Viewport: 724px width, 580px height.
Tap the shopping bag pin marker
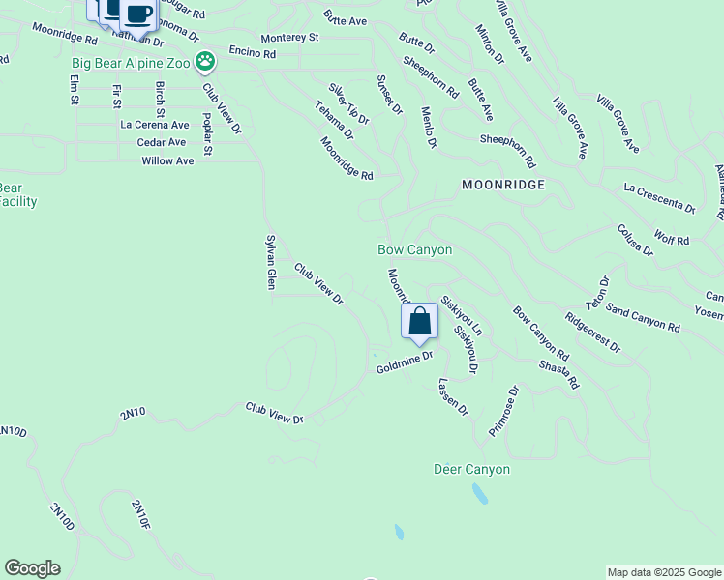pos(419,322)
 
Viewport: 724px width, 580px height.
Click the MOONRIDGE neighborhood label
pos(503,184)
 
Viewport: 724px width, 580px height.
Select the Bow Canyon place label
pos(414,249)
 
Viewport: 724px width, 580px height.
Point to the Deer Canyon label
pos(470,470)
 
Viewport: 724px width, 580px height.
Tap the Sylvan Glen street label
pos(272,261)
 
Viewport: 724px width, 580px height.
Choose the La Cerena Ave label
pos(155,125)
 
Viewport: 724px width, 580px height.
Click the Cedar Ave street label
pos(162,142)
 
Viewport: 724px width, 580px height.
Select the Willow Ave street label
pos(167,160)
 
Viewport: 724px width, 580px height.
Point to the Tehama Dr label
pos(334,121)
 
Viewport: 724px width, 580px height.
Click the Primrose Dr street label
pos(504,411)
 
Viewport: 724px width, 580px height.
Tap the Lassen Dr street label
pos(453,397)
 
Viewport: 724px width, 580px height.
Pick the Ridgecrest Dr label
pos(591,332)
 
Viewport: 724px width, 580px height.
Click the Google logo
pos(32,568)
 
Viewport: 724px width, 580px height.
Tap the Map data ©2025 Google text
pos(663,572)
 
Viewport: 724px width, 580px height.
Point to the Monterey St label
pos(289,37)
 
